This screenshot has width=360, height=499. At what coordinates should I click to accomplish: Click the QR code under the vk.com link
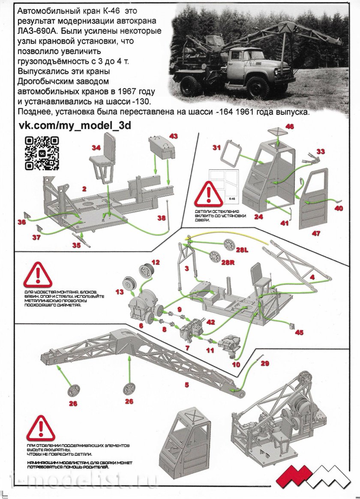click(x=42, y=152)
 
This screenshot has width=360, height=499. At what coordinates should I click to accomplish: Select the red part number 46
click(x=290, y=127)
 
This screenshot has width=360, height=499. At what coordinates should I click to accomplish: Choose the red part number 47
click(x=316, y=234)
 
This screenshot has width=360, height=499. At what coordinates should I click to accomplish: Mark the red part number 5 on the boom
click(x=186, y=385)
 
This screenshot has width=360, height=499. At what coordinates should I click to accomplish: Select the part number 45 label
click(x=299, y=331)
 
